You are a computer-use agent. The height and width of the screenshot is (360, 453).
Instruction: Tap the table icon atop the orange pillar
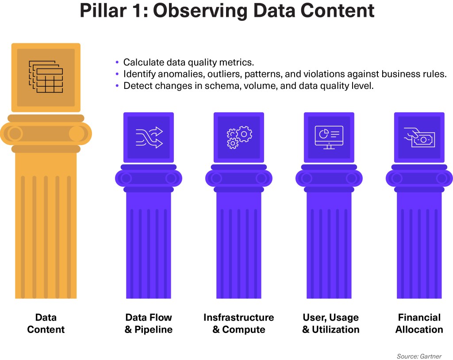click(46, 77)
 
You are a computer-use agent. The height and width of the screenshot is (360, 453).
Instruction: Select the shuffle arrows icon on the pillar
click(149, 137)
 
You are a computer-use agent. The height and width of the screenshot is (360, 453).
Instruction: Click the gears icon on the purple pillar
click(239, 137)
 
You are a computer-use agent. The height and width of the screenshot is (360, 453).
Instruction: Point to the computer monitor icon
click(329, 137)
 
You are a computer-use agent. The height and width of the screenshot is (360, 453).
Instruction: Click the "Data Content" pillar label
click(46, 323)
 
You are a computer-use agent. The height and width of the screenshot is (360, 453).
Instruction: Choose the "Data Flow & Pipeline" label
click(149, 323)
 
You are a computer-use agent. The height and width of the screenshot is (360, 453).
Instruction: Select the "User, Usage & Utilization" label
click(330, 323)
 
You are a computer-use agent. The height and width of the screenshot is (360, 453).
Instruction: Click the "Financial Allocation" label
click(419, 323)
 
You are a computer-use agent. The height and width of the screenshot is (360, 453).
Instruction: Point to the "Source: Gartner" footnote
click(419, 356)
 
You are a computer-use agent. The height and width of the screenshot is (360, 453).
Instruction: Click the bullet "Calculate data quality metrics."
click(188, 62)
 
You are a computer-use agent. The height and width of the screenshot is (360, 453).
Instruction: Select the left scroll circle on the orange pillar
click(15, 133)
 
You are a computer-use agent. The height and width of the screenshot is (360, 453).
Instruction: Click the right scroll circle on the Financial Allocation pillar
click(441, 178)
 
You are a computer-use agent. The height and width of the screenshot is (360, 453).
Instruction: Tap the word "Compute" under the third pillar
click(244, 329)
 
